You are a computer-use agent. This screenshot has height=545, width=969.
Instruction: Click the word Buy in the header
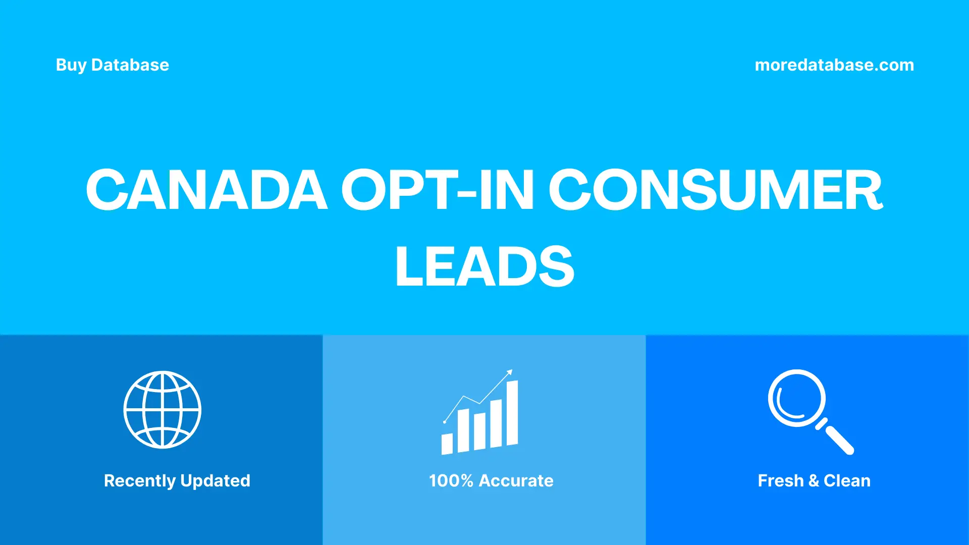click(71, 65)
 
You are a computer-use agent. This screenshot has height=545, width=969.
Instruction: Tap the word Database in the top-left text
click(130, 65)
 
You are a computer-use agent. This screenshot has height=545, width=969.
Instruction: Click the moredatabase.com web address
click(834, 65)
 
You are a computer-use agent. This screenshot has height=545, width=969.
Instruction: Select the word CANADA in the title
click(206, 190)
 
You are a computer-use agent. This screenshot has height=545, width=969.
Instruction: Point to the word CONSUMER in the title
click(715, 190)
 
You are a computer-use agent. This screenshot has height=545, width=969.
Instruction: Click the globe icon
click(163, 410)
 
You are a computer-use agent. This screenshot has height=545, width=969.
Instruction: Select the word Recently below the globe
click(139, 480)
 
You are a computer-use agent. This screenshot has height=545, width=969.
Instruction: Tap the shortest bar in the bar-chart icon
click(447, 444)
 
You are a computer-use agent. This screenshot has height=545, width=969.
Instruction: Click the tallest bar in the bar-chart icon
click(512, 413)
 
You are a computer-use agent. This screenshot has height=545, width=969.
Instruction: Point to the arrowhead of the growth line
click(510, 372)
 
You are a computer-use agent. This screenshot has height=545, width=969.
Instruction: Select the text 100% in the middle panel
click(451, 480)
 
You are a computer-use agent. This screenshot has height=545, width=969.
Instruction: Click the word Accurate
click(516, 480)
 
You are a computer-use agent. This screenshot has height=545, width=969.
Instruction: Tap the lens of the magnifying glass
click(797, 398)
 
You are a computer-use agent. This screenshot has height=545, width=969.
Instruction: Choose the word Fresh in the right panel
click(780, 480)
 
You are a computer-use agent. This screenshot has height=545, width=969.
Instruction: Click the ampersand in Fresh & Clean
click(814, 480)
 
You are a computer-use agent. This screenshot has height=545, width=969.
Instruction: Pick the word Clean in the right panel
click(847, 480)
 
